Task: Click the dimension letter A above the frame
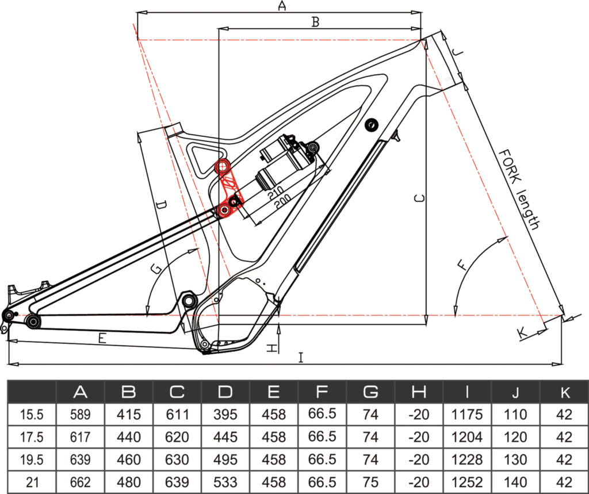(282, 6)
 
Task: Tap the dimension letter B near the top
(316, 22)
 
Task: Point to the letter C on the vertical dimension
(419, 198)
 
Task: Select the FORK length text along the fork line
(519, 189)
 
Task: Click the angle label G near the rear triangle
(155, 268)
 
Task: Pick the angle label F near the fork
(463, 265)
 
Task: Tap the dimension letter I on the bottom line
(300, 357)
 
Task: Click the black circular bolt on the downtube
(372, 125)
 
